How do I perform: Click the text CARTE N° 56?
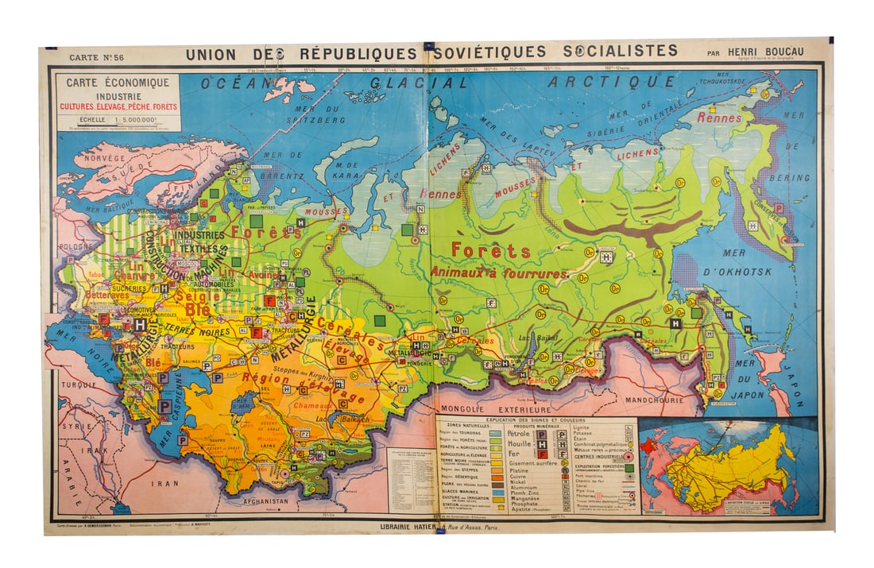[x=96, y=57]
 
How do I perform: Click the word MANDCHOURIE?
[x=655, y=400]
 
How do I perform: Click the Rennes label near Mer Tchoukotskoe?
[x=719, y=118]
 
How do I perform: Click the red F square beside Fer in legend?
[x=541, y=453]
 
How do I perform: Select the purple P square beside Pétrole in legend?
[x=541, y=434]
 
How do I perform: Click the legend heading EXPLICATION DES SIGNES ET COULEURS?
[x=538, y=419]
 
